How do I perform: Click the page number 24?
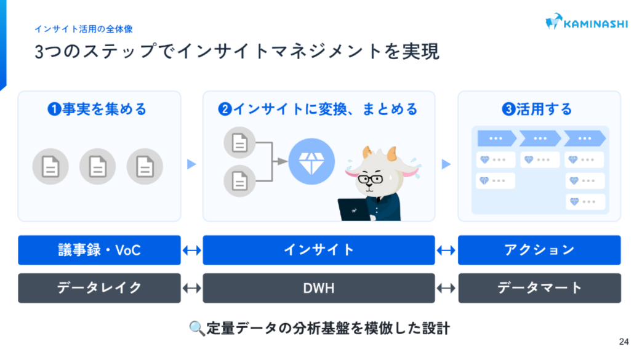coord(624,342)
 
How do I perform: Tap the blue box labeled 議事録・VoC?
coord(99,250)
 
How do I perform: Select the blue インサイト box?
coord(319,250)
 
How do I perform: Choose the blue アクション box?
coord(539,250)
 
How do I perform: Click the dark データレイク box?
coord(99,287)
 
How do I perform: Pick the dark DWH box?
coord(319,287)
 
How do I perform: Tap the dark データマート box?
coord(539,287)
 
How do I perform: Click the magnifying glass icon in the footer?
coord(196,329)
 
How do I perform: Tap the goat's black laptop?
coord(355,209)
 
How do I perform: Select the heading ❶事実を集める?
coord(98,110)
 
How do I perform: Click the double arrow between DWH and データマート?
coord(446,288)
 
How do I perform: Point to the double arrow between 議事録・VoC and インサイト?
coord(192,250)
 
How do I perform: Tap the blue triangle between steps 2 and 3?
coord(446,164)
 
